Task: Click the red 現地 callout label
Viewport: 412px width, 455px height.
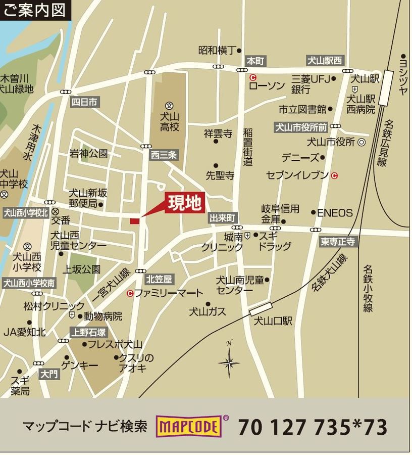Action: pyautogui.click(x=185, y=203)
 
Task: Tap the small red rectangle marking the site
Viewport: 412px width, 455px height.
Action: pyautogui.click(x=134, y=221)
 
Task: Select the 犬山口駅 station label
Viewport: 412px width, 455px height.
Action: pyautogui.click(x=273, y=321)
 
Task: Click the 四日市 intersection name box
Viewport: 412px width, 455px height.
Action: pyautogui.click(x=84, y=102)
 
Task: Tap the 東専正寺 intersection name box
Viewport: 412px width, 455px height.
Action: pyautogui.click(x=339, y=242)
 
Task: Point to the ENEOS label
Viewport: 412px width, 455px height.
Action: pyautogui.click(x=335, y=213)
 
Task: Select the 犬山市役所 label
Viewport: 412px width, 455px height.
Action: pyautogui.click(x=331, y=142)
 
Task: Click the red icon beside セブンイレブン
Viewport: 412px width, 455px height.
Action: pyautogui.click(x=334, y=175)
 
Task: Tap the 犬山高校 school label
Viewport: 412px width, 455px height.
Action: pyautogui.click(x=170, y=122)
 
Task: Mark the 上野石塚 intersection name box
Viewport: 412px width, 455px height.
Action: pyautogui.click(x=88, y=332)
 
